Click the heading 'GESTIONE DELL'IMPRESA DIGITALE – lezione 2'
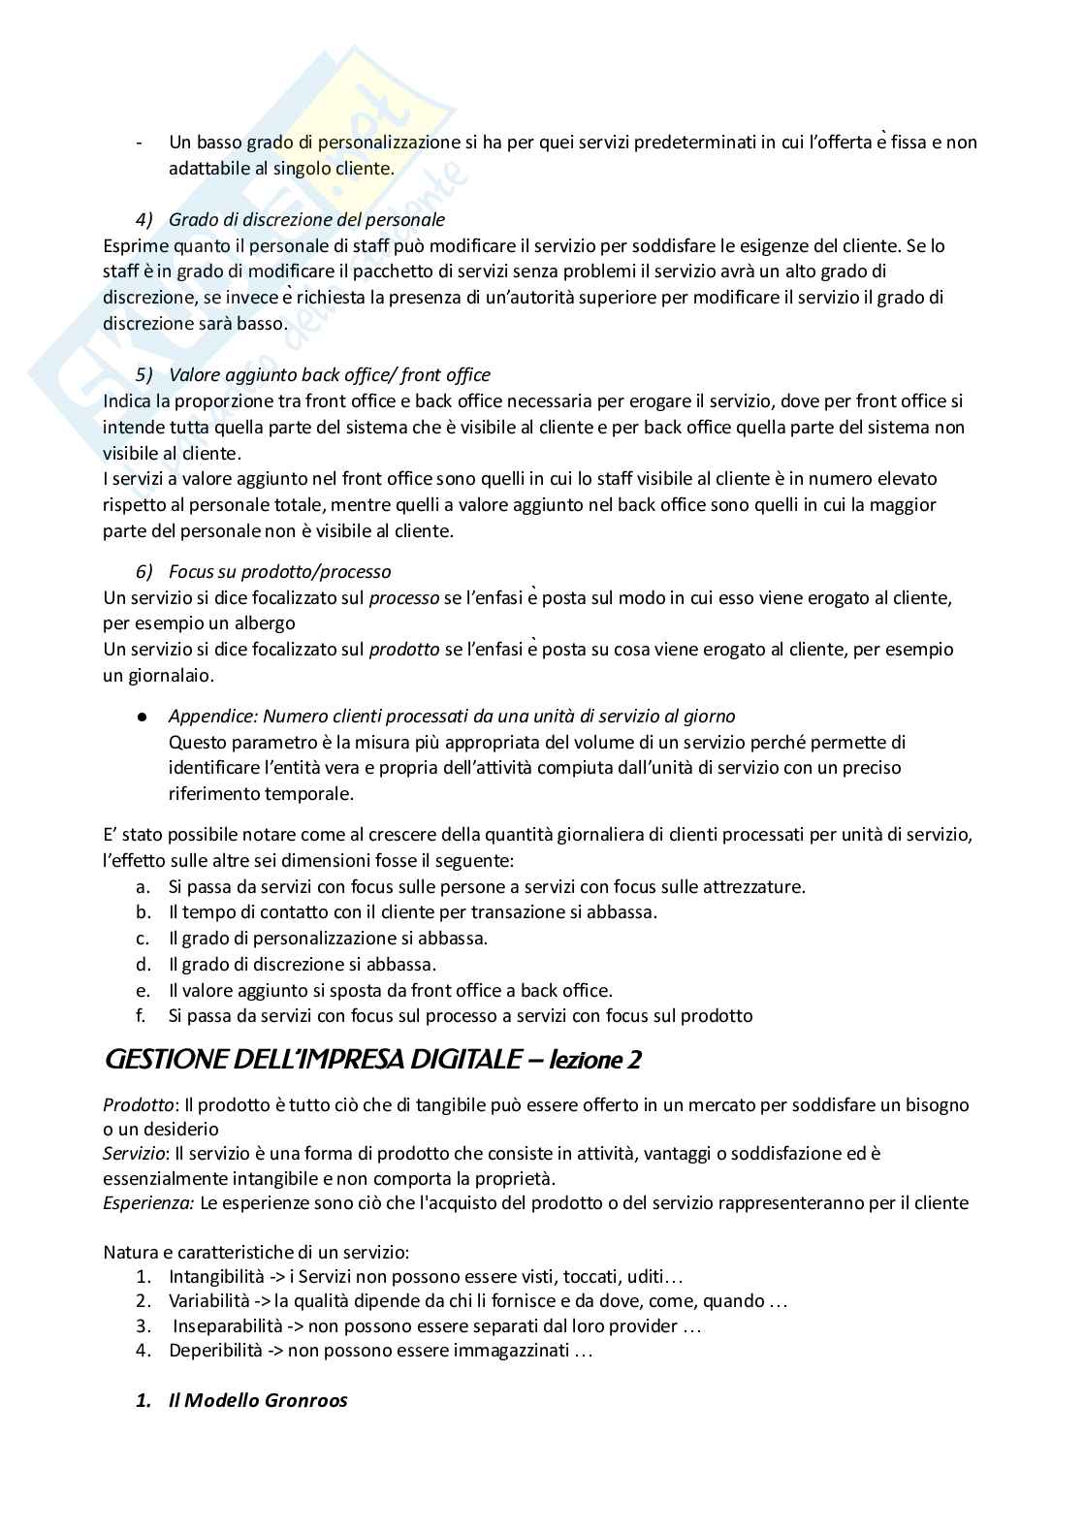(372, 1060)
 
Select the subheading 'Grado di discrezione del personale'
(306, 220)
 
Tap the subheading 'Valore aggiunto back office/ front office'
(329, 375)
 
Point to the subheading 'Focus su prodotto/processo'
(279, 572)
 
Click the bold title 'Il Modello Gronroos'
(257, 1400)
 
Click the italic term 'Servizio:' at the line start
(137, 1154)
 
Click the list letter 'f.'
(142, 1016)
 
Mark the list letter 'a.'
(143, 886)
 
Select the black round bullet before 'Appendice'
(142, 717)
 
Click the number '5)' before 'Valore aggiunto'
(143, 375)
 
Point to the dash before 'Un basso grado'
(140, 143)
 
